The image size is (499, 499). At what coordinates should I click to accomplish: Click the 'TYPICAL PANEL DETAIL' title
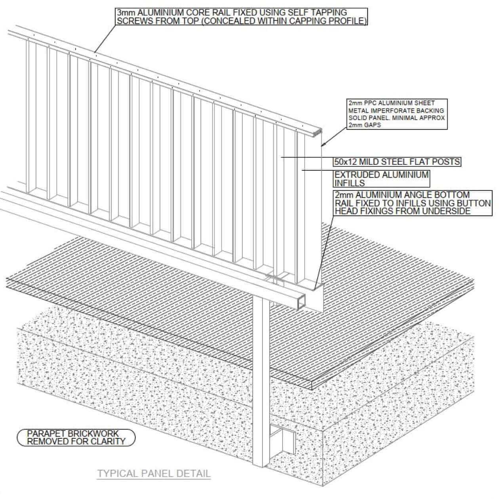pyautogui.click(x=154, y=473)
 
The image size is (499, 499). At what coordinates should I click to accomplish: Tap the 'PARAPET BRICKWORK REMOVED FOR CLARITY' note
pyautogui.click(x=76, y=437)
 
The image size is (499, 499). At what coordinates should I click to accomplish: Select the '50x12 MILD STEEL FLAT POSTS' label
pyautogui.click(x=397, y=162)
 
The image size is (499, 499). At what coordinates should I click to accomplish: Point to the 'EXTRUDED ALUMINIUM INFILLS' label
pyautogui.click(x=381, y=179)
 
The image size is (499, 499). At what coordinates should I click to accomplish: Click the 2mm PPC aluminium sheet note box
pyautogui.click(x=396, y=114)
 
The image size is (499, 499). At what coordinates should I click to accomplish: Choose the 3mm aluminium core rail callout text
pyautogui.click(x=242, y=17)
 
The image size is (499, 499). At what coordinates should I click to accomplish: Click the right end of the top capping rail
pyautogui.click(x=318, y=132)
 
